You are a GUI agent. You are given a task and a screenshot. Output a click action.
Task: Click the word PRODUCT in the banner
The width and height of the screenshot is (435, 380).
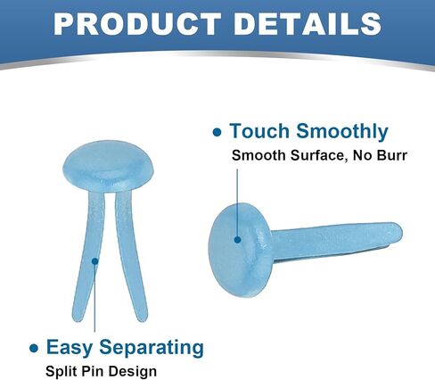[137, 24]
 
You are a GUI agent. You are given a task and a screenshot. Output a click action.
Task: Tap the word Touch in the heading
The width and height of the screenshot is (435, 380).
[259, 131]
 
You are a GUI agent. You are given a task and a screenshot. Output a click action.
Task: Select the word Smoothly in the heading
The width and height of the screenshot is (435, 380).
[342, 131]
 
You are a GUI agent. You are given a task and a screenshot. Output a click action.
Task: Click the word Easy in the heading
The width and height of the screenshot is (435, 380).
[70, 347]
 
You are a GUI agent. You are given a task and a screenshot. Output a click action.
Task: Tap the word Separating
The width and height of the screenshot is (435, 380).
[152, 347]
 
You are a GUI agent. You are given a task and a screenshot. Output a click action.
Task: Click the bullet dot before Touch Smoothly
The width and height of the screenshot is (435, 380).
[217, 132]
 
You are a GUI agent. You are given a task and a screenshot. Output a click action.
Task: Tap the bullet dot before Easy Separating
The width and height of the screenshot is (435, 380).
[34, 349]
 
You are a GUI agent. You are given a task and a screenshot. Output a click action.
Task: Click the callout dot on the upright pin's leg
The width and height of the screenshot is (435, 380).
[94, 261]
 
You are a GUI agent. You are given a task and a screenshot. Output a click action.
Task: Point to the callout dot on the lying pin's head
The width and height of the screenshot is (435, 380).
[237, 239]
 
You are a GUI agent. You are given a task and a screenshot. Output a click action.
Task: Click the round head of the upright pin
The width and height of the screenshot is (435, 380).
[108, 166]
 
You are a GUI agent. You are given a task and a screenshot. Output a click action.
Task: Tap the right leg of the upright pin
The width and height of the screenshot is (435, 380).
[131, 257]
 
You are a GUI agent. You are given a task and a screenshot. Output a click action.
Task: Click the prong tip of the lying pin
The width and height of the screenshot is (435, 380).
[398, 231]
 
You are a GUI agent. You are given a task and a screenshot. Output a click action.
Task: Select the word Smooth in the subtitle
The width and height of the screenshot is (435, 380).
[259, 155]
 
